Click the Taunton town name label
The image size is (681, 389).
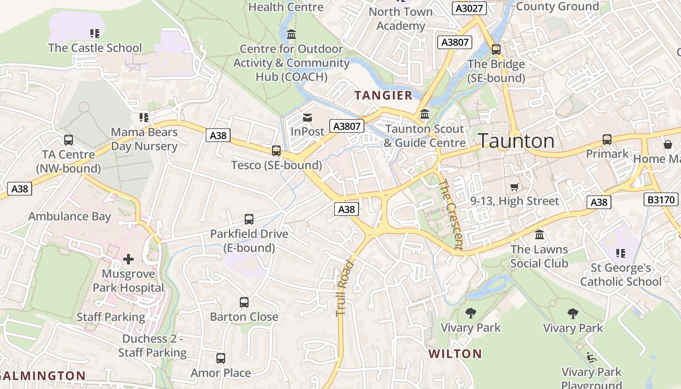tap(516, 141)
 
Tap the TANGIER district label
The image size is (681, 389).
tap(383, 95)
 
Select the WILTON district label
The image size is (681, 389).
tap(455, 354)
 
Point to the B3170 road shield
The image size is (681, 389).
tap(662, 199)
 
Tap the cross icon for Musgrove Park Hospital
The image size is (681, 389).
tap(128, 259)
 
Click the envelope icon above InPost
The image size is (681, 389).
tap(307, 118)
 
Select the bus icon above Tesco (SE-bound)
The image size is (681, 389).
tap(276, 151)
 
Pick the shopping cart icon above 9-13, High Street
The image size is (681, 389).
tap(515, 187)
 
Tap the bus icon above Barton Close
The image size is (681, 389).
tap(244, 302)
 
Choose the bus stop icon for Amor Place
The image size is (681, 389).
tap(221, 358)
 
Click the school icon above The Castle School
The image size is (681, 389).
tap(95, 34)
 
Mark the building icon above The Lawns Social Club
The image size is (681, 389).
tap(539, 235)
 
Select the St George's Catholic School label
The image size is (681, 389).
tap(621, 275)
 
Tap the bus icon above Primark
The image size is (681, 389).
tap(607, 140)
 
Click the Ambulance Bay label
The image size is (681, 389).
tap(70, 216)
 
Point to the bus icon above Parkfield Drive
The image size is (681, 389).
tap(249, 219)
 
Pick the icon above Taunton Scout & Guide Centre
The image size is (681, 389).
tap(425, 114)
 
